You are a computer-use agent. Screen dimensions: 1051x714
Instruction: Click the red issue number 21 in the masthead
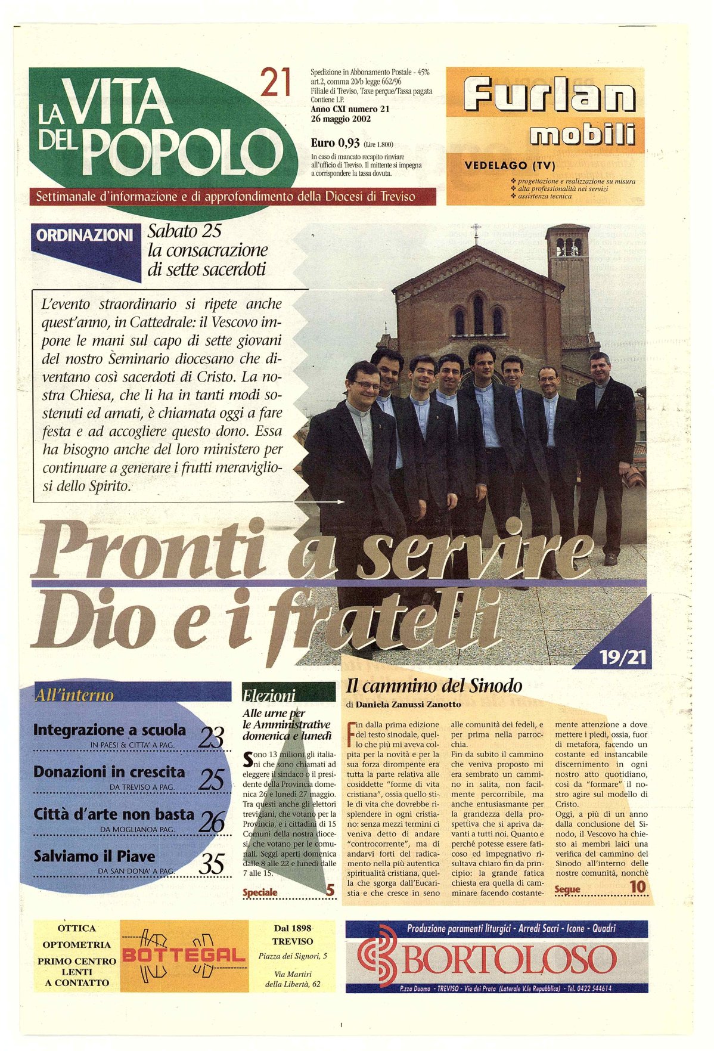[275, 83]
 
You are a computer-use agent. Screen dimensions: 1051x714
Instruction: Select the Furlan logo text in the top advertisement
[549, 97]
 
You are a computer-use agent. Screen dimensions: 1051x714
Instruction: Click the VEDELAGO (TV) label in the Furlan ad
[509, 166]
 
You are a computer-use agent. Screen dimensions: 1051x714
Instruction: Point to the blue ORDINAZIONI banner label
[84, 235]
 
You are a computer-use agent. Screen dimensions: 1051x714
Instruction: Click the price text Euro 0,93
[335, 143]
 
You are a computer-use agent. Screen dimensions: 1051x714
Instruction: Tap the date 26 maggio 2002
[340, 118]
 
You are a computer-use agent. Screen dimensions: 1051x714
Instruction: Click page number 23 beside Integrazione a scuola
[211, 739]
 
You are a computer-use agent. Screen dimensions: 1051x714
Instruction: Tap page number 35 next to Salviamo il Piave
[211, 864]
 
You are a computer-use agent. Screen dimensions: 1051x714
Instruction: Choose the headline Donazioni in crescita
[109, 772]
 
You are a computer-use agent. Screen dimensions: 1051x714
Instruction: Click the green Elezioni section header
[269, 695]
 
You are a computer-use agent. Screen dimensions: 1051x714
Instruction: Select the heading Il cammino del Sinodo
[434, 686]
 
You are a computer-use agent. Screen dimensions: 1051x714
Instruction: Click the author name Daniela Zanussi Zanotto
[408, 705]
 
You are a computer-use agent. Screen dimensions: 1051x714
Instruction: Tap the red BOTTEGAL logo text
[184, 956]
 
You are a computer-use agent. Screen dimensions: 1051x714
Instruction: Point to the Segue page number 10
[637, 886]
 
